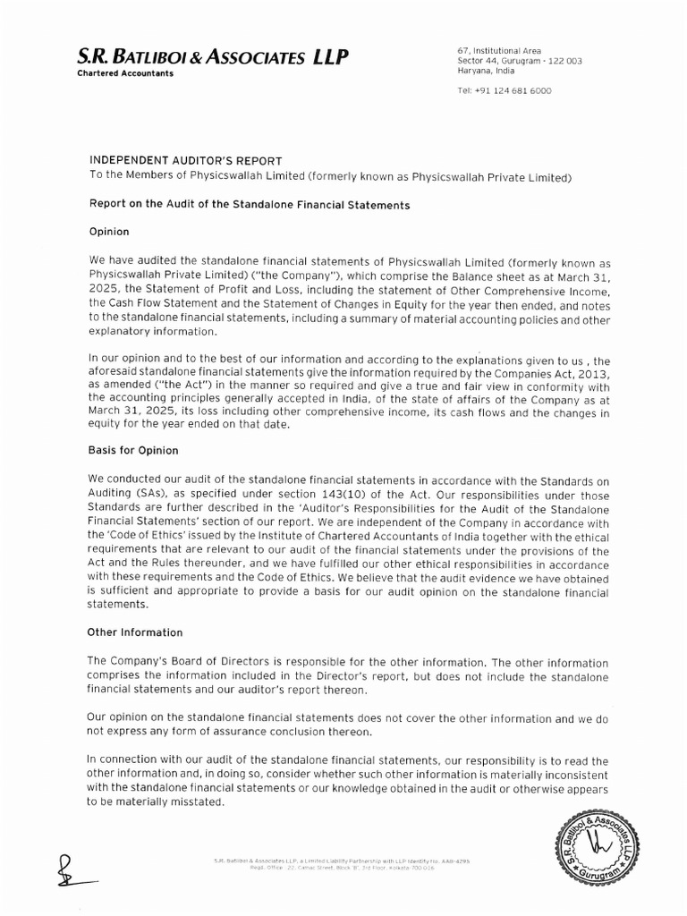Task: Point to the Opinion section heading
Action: point(109,232)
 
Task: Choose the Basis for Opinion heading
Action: point(132,450)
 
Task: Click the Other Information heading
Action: point(134,632)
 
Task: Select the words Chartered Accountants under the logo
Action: point(125,74)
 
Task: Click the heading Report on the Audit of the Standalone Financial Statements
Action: point(248,205)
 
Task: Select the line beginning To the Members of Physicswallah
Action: point(328,176)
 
